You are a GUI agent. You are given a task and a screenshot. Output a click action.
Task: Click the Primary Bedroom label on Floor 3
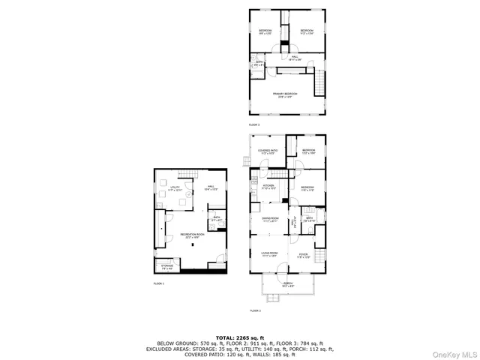pos(285,94)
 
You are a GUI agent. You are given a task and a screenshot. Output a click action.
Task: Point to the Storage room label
pos(166,266)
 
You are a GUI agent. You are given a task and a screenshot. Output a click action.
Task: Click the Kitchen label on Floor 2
pos(269,187)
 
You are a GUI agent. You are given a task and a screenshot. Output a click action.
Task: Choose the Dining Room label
pos(270,220)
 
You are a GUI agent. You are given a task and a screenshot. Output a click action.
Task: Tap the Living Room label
pos(269,254)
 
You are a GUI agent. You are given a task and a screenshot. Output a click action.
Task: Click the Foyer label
pos(304,255)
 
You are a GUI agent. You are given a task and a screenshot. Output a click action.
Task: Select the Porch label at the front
pos(289,283)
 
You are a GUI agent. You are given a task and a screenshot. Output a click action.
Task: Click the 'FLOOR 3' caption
pos(254,124)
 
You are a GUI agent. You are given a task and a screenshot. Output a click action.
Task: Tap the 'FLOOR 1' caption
pos(159,283)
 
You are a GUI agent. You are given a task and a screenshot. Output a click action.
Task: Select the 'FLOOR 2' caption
pos(255,310)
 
